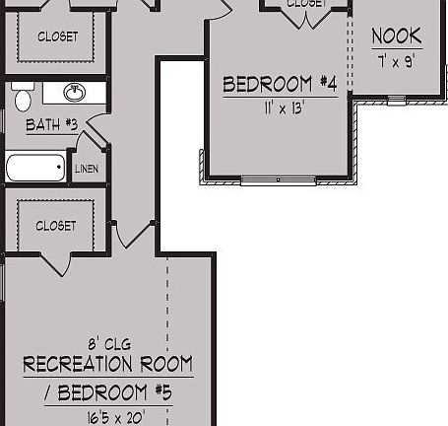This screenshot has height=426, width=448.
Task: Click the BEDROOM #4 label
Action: pos(280,85)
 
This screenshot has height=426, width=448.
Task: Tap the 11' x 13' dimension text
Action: pos(280,107)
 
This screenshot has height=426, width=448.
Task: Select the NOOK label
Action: pos(397,37)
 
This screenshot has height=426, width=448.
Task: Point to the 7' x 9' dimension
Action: pos(397,60)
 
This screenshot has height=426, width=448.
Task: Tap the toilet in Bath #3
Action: pos(23,97)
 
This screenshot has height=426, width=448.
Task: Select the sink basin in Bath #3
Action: pos(73,94)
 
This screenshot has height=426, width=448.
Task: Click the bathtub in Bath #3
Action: pos(35,168)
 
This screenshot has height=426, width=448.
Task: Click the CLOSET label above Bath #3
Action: pos(56,37)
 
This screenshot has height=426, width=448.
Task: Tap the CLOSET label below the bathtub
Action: pos(56,226)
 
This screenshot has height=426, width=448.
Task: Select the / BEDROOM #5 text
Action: pos(108,393)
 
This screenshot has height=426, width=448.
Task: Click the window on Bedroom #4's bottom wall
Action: pos(279,180)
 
